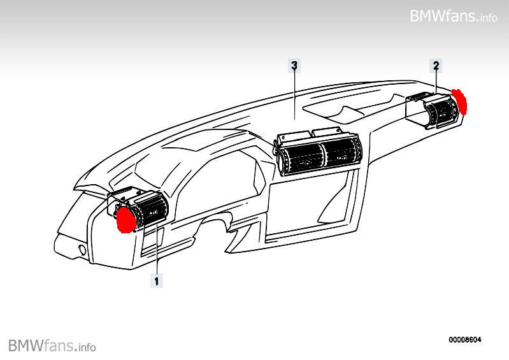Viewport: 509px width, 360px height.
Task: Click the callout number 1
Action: (x=156, y=279)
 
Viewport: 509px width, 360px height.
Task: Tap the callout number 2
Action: (x=436, y=66)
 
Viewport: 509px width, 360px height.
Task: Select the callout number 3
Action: (x=294, y=66)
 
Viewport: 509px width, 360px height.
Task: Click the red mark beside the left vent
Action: (x=126, y=217)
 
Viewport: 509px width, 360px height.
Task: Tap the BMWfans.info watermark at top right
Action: (x=454, y=16)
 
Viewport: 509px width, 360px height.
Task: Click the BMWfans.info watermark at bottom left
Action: (x=52, y=346)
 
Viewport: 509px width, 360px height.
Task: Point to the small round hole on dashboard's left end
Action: (x=81, y=248)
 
